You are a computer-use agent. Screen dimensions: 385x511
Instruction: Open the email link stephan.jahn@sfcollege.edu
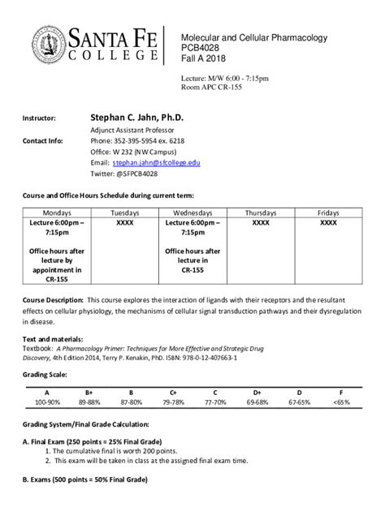point(157,162)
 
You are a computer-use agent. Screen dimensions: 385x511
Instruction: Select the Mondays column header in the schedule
point(57,211)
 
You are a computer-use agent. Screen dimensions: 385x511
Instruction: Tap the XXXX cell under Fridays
point(327,221)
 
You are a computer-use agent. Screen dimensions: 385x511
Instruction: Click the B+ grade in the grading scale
point(89,391)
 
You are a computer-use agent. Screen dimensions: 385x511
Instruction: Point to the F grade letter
point(341,391)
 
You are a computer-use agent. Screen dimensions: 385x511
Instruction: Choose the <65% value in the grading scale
point(341,401)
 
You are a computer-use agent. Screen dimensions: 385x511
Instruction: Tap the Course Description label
point(53,299)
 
